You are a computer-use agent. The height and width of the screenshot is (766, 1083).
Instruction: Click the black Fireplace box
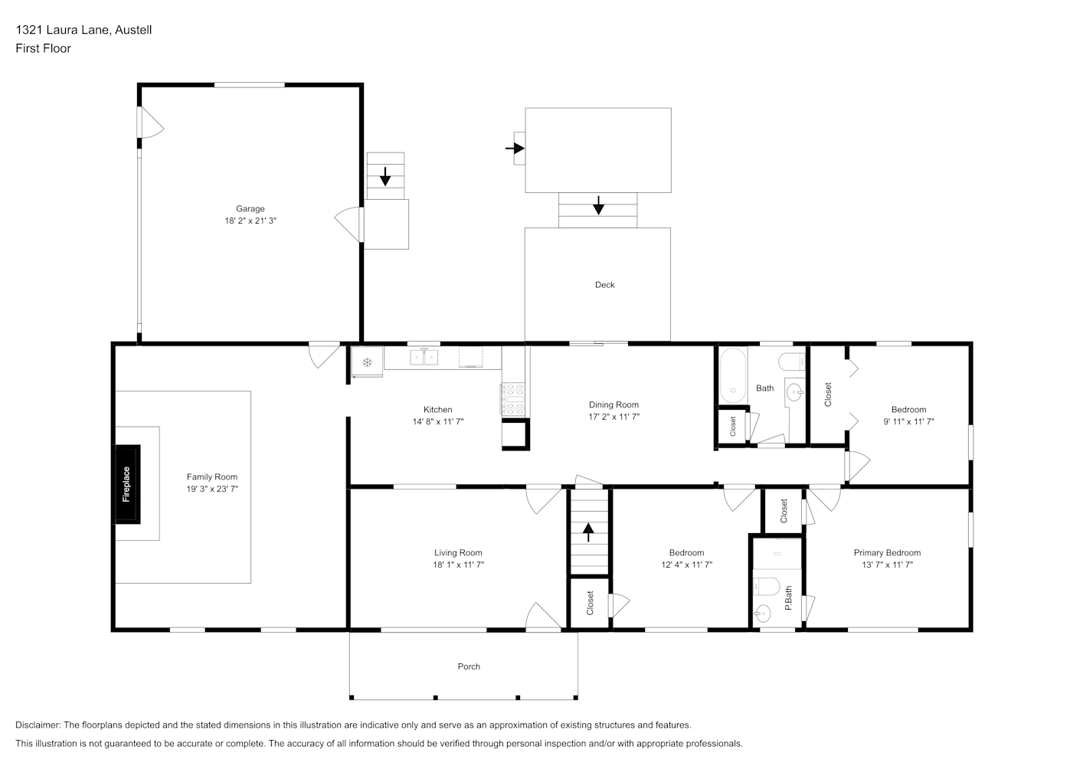pyautogui.click(x=127, y=484)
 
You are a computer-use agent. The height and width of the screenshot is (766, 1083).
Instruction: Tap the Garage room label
pyautogui.click(x=250, y=208)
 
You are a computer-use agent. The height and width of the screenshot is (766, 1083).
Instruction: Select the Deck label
pyautogui.click(x=604, y=285)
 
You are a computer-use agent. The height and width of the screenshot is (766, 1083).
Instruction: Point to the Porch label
pyautogui.click(x=469, y=666)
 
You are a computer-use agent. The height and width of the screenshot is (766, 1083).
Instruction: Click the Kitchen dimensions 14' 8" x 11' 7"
pyautogui.click(x=437, y=422)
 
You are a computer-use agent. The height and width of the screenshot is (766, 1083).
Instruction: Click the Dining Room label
pyautogui.click(x=613, y=404)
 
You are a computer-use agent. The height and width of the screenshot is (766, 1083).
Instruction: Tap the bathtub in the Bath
pyautogui.click(x=733, y=375)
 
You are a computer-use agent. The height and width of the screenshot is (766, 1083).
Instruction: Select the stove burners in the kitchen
pyautogui.click(x=513, y=399)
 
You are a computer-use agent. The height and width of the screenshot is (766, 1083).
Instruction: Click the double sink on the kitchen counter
pyautogui.click(x=424, y=357)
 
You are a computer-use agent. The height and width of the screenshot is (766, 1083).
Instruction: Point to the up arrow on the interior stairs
pyautogui.click(x=588, y=532)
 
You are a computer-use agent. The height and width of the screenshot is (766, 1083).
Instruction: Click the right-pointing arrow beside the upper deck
pyautogui.click(x=515, y=148)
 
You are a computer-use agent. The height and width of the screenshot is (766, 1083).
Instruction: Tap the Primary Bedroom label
pyautogui.click(x=887, y=553)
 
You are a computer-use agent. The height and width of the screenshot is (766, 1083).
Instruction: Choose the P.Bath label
pyautogui.click(x=788, y=597)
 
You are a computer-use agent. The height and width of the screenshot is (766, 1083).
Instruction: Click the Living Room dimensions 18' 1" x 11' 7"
pyautogui.click(x=458, y=565)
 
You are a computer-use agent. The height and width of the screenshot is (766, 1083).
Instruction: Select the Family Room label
pyautogui.click(x=211, y=476)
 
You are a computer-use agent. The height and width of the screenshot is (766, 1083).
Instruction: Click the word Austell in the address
pyautogui.click(x=133, y=30)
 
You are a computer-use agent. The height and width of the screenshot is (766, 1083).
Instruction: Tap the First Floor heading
pyautogui.click(x=43, y=48)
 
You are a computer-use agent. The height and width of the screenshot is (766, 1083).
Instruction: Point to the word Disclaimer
pyautogui.click(x=38, y=725)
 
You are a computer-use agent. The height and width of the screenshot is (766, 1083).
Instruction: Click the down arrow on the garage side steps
pyautogui.click(x=384, y=176)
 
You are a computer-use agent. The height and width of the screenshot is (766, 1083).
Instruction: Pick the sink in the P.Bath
pyautogui.click(x=762, y=614)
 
